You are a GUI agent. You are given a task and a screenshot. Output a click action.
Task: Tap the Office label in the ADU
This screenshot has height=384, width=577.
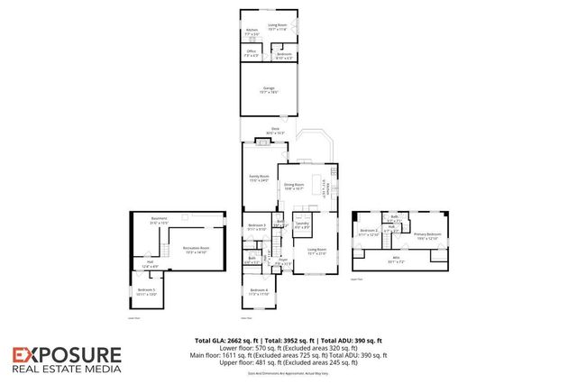[x=252, y=53]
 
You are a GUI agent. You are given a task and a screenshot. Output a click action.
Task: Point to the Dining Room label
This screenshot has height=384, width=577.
[x=294, y=187]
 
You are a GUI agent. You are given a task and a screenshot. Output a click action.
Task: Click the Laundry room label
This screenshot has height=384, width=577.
[x=301, y=226]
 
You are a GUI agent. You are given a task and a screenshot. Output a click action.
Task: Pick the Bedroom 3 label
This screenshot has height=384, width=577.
[x=257, y=227]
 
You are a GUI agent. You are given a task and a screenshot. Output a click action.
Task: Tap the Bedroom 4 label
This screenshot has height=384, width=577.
[x=259, y=292]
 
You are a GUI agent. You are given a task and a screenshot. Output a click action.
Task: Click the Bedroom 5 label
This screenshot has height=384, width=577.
[x=147, y=291]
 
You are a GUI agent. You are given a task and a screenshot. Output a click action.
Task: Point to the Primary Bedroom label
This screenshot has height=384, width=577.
[x=427, y=235]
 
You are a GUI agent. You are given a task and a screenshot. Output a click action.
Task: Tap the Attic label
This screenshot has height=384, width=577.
[x=398, y=261]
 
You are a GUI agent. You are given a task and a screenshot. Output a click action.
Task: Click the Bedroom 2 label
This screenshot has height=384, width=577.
[x=370, y=233]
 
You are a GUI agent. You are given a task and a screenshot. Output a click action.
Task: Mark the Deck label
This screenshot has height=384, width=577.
[x=275, y=132]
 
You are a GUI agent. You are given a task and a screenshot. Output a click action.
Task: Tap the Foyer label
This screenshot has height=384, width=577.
[x=282, y=261]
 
